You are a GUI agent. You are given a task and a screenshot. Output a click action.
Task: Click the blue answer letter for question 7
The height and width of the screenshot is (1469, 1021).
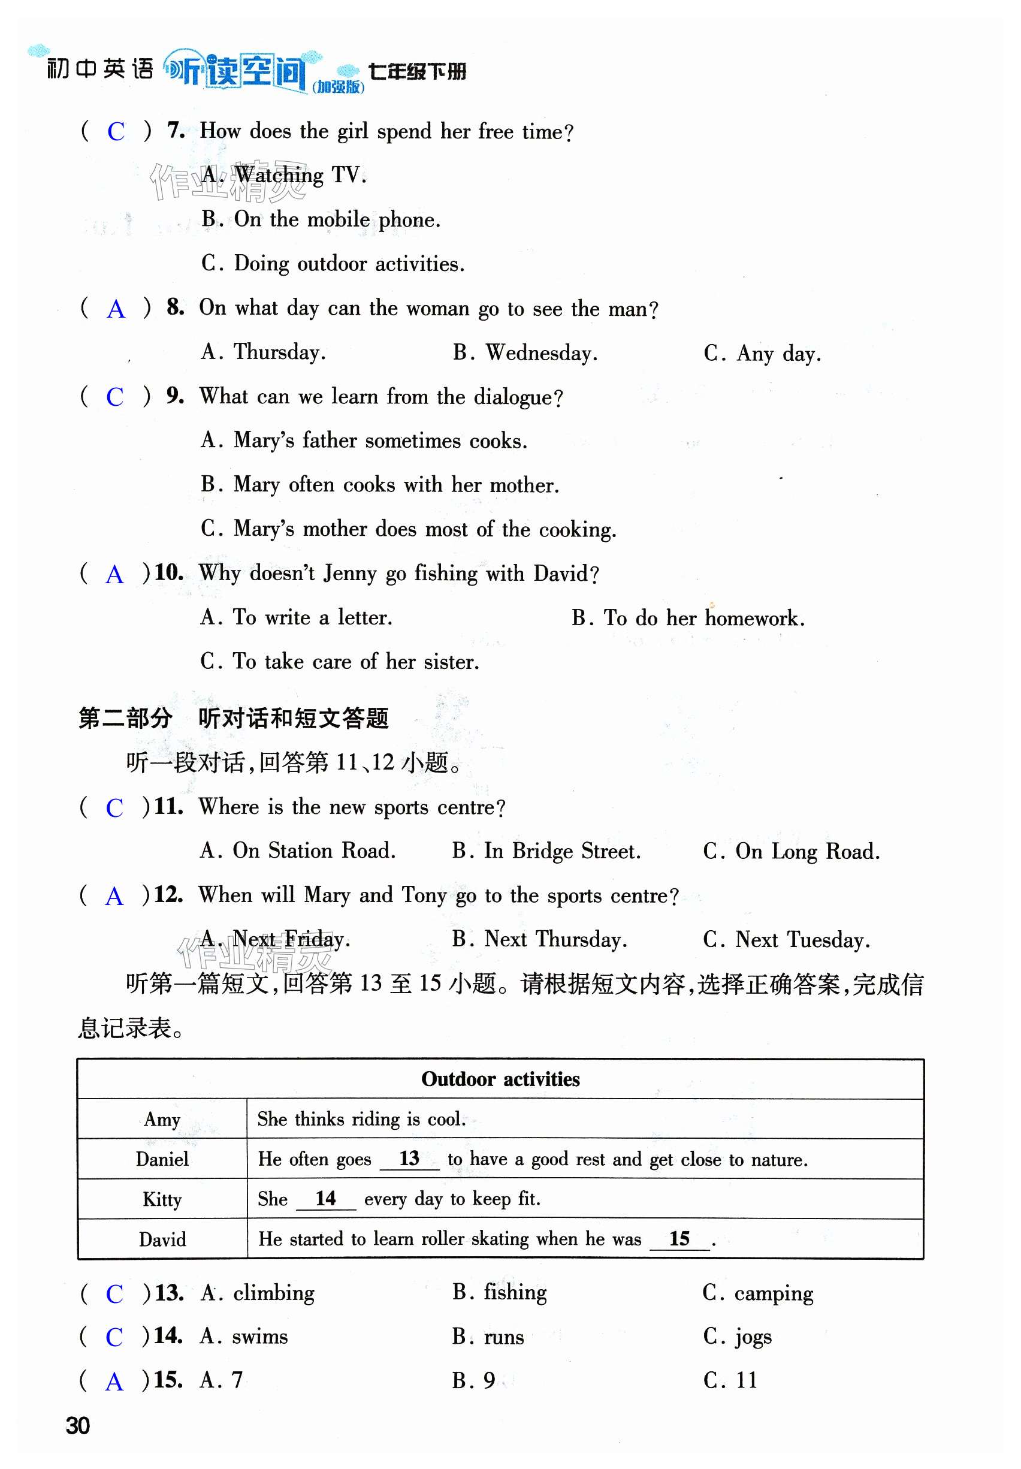(116, 132)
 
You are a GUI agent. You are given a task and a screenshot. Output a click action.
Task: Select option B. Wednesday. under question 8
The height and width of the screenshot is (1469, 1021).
(525, 352)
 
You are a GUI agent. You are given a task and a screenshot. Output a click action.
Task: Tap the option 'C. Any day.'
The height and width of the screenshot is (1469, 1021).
(762, 354)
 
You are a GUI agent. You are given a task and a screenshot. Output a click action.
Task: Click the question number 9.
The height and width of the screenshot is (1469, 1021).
(174, 396)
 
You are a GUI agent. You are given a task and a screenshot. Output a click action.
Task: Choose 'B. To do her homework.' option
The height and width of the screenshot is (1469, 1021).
(688, 618)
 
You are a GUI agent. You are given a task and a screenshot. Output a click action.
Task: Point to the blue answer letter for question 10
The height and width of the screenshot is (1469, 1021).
(114, 575)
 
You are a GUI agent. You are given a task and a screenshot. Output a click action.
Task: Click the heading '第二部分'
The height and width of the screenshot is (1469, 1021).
(125, 719)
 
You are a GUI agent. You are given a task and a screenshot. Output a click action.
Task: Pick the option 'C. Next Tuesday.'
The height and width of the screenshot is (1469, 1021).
(786, 940)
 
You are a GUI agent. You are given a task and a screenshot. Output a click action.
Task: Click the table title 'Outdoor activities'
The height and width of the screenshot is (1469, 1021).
(500, 1079)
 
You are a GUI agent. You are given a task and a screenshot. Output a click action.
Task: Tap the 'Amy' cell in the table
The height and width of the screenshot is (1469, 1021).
(162, 1120)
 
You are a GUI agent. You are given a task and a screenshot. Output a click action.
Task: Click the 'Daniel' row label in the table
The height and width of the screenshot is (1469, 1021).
(162, 1159)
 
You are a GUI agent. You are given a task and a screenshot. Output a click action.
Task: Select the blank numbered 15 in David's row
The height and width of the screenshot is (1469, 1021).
(679, 1239)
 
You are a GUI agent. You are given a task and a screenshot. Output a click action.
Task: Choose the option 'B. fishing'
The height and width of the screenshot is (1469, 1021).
(499, 1293)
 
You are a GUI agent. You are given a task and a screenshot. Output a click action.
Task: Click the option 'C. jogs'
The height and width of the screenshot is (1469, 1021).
(737, 1337)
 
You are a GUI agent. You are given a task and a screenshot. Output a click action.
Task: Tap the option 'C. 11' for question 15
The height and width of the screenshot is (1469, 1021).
(730, 1380)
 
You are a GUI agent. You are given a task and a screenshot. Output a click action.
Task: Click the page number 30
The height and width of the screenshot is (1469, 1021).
(78, 1426)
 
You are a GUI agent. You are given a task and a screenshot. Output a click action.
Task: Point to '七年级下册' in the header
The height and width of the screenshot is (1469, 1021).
(417, 71)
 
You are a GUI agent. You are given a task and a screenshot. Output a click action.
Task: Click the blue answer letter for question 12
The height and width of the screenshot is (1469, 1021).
(114, 897)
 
